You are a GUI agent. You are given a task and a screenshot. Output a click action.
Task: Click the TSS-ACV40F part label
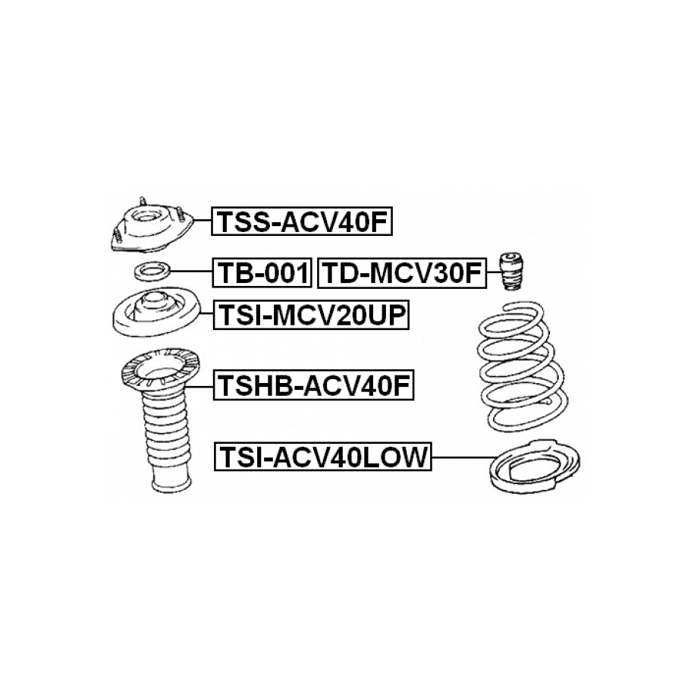pyautogui.click(x=302, y=221)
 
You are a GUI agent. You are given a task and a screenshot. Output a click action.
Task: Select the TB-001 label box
pyautogui.click(x=262, y=272)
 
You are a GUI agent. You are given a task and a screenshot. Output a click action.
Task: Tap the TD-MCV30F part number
pyautogui.click(x=402, y=272)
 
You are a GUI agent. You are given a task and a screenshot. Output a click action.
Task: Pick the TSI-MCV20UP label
pyautogui.click(x=311, y=315)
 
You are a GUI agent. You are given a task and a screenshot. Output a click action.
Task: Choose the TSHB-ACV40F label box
pyautogui.click(x=313, y=385)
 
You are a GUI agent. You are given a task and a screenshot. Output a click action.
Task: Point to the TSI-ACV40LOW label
pyautogui.click(x=322, y=456)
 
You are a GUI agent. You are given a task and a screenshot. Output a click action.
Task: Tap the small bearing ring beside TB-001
pyautogui.click(x=152, y=272)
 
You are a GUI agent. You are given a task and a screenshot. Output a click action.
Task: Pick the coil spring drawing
pyautogui.click(x=523, y=366)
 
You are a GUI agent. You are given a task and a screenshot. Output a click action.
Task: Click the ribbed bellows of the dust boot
pyautogui.click(x=167, y=427)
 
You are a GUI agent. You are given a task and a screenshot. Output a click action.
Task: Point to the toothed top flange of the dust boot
pyautogui.click(x=161, y=369)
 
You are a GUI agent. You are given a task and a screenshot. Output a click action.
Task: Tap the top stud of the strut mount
pyautogui.click(x=143, y=202)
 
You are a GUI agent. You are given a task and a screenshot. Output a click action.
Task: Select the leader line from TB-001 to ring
pyautogui.click(x=191, y=272)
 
